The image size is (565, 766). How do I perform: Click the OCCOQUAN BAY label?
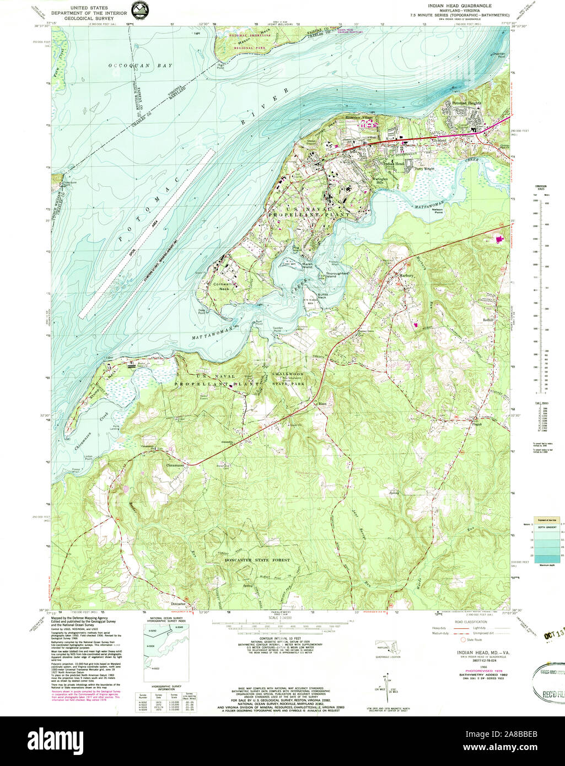pyautogui.click(x=140, y=66)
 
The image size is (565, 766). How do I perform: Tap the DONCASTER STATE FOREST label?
pyautogui.click(x=257, y=560)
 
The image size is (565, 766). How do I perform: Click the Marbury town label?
pyautogui.click(x=406, y=275)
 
